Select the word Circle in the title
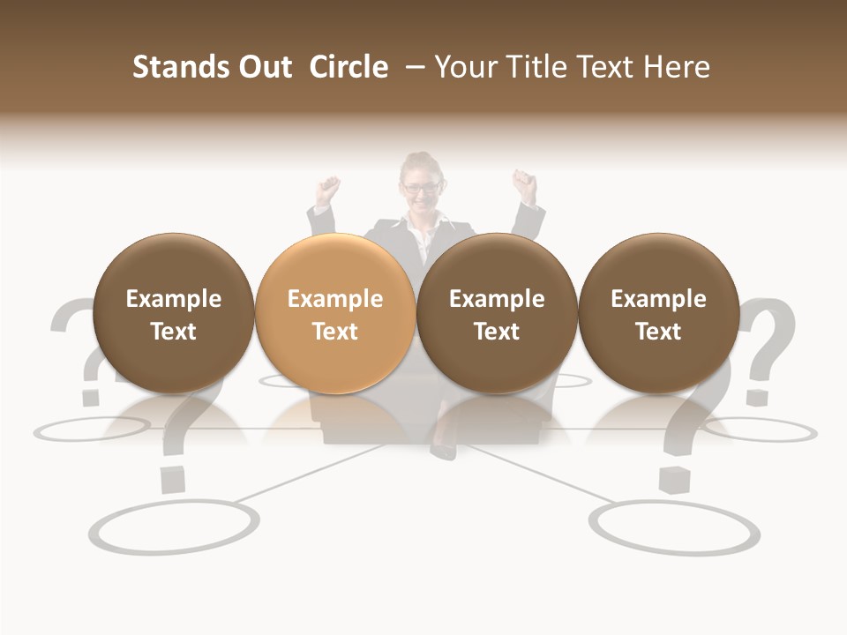click(349, 67)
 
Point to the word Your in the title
click(465, 67)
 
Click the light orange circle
click(334, 313)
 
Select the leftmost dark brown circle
click(173, 313)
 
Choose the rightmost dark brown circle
click(658, 313)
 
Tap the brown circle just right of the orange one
click(497, 313)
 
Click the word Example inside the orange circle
click(334, 299)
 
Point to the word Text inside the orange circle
click(334, 332)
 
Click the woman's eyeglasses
click(421, 187)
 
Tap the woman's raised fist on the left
click(329, 189)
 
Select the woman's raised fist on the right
click(526, 184)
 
